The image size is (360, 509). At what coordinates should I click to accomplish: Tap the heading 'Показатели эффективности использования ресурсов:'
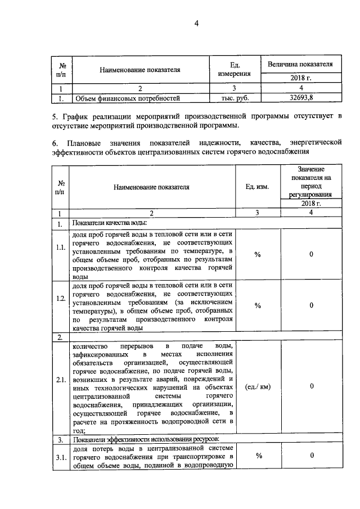pos(145,439)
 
